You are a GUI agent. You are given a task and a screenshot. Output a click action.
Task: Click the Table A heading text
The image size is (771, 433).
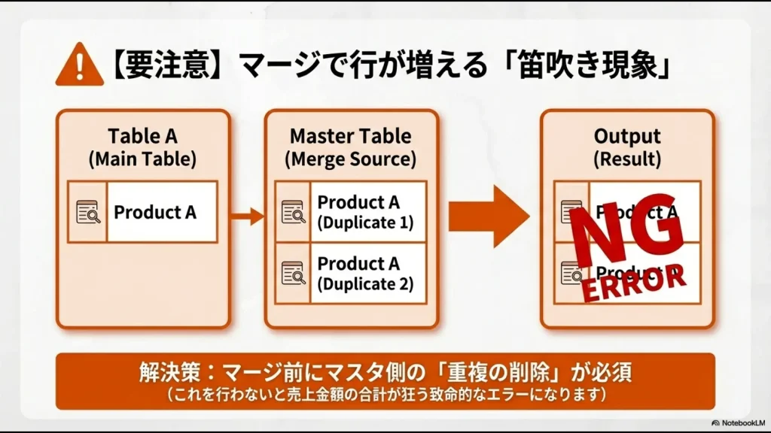(x=142, y=136)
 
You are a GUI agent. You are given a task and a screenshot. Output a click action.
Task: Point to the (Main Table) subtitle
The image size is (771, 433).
(x=142, y=159)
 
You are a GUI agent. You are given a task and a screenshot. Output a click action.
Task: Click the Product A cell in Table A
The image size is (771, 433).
(x=155, y=212)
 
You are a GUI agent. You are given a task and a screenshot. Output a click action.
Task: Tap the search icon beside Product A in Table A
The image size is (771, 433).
(x=88, y=212)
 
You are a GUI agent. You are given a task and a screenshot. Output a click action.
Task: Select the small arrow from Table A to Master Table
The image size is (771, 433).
(x=247, y=217)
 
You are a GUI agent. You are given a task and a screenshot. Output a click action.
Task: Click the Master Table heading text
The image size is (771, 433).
(x=351, y=136)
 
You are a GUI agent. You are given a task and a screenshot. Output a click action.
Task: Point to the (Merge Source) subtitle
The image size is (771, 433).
(x=351, y=159)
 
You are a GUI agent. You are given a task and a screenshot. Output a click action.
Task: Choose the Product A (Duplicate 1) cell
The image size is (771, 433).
(x=366, y=212)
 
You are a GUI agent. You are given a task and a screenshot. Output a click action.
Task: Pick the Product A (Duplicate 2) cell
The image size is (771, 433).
(x=366, y=274)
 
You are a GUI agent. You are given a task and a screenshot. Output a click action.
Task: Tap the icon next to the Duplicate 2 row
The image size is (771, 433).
(x=293, y=274)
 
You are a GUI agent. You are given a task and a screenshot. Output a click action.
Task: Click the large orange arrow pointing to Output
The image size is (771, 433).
(x=489, y=217)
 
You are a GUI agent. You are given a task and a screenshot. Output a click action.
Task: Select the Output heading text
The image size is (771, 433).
(x=627, y=136)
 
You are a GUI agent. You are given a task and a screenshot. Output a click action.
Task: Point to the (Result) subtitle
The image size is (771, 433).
(x=627, y=159)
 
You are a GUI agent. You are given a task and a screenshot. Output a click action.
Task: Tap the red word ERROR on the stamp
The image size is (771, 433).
(x=635, y=283)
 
